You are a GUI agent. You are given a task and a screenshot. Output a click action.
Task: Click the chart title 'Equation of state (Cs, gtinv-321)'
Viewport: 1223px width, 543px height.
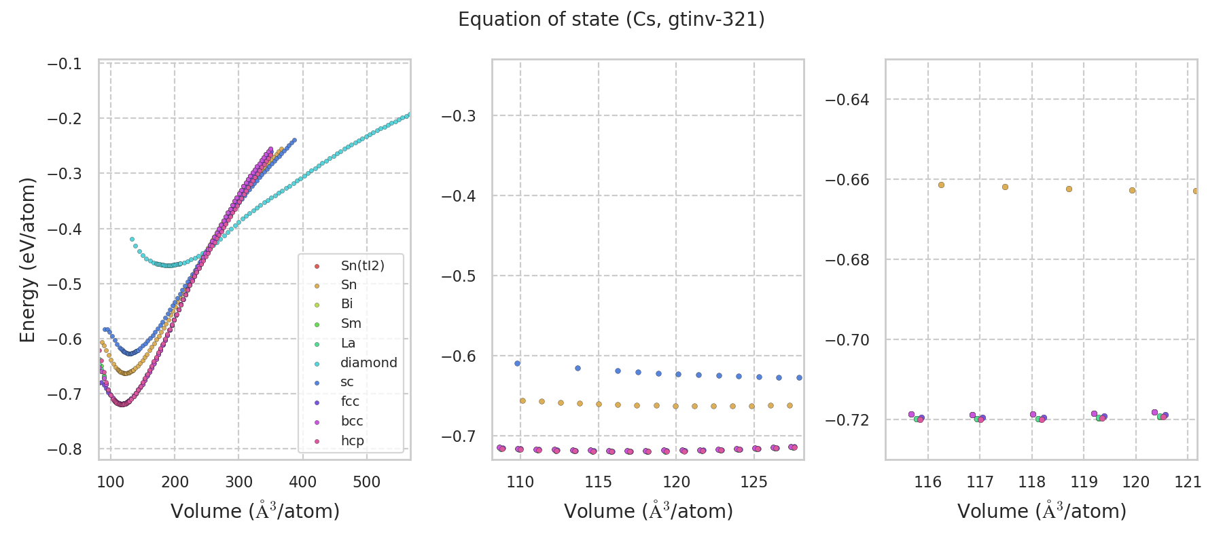[x=611, y=20]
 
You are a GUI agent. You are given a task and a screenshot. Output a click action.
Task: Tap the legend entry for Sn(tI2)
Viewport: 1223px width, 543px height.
[x=362, y=265]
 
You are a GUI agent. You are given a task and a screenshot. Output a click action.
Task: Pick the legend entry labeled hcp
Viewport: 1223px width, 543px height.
[x=352, y=441]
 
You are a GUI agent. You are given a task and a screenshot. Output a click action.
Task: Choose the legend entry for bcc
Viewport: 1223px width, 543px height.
[x=351, y=421]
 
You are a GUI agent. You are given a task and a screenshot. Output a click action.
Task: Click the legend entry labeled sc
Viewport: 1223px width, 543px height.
[x=347, y=382]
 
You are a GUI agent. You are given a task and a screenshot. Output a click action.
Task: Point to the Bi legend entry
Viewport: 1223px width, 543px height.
[x=347, y=304]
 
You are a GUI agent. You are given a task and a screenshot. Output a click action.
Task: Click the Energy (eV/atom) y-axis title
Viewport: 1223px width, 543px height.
[x=28, y=260]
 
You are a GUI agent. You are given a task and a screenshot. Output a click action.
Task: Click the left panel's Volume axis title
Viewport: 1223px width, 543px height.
[x=255, y=511]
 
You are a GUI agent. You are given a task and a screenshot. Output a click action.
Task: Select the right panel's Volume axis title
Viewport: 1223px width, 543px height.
[x=1042, y=511]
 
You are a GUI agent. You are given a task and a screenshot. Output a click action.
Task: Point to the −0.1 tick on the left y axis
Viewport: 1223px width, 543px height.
[x=64, y=64]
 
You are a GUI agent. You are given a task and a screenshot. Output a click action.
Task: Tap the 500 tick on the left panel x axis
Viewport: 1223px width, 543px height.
[x=367, y=483]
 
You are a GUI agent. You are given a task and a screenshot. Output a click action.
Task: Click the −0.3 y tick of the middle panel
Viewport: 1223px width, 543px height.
[x=458, y=116]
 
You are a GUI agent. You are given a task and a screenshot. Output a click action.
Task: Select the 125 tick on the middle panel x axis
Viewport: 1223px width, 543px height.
[x=754, y=483]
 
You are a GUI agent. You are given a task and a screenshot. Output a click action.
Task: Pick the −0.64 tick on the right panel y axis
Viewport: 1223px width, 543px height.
[x=847, y=100]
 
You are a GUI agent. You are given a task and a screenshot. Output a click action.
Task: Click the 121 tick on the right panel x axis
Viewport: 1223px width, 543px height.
[x=1188, y=483]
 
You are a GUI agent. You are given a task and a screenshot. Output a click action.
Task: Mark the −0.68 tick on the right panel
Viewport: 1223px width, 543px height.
[x=847, y=260]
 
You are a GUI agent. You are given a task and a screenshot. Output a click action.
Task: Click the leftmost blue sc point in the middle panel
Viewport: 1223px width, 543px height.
[x=517, y=363]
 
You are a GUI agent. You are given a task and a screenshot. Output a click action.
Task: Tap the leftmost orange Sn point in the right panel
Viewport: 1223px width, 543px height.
[x=941, y=185]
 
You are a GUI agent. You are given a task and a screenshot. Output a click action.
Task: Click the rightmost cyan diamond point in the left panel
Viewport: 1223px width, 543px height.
[x=408, y=115]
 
